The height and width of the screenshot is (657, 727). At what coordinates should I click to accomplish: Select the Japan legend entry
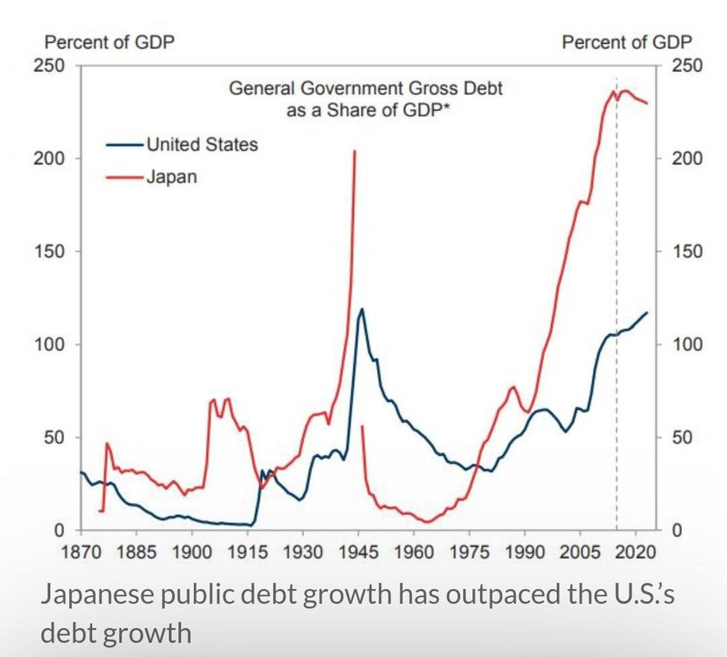172,176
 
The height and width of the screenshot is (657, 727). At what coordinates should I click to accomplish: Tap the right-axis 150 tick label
687,251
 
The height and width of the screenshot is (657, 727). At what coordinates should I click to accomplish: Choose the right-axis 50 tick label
683,438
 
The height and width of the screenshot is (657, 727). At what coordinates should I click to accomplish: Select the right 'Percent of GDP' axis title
627,42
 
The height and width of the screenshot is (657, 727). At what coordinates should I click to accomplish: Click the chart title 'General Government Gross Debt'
366,89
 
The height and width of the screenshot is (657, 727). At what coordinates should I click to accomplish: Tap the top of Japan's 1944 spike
354,151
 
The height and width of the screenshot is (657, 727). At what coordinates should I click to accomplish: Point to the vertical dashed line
617,328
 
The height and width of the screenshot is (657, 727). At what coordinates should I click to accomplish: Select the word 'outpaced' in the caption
453,594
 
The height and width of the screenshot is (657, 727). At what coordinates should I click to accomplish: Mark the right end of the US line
647,312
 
